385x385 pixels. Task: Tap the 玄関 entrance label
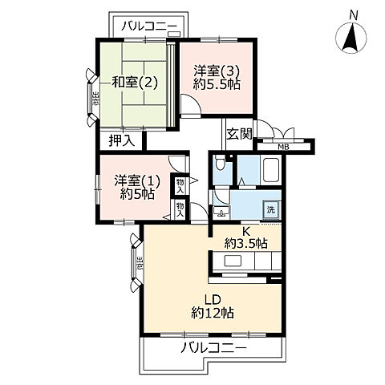(x=238, y=134)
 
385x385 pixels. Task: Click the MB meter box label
(x=283, y=146)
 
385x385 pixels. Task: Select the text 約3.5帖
(x=246, y=242)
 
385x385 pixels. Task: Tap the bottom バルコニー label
(x=212, y=347)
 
